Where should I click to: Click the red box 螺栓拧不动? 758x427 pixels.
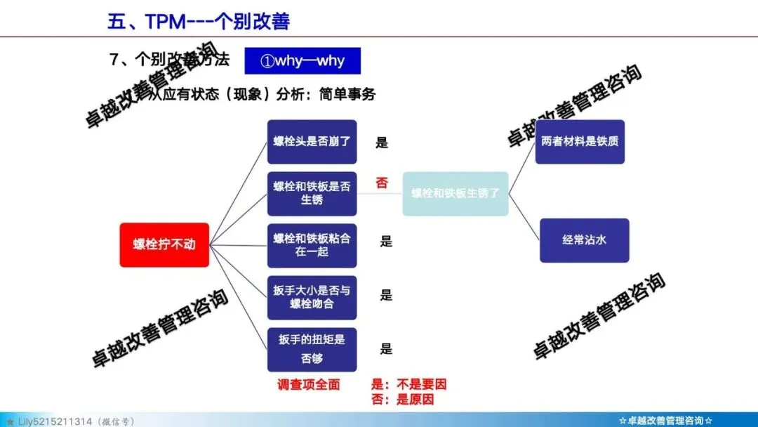[164, 244]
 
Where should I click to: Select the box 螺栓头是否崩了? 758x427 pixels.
[312, 142]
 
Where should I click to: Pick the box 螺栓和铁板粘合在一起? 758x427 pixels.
[312, 244]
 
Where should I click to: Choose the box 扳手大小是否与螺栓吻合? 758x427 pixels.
[312, 297]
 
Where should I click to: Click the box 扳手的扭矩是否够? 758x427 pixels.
[312, 349]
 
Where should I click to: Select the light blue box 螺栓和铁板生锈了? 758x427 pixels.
[455, 193]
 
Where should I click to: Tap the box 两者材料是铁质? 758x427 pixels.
[580, 142]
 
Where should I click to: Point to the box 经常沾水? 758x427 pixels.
[584, 240]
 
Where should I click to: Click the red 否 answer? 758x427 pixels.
[382, 183]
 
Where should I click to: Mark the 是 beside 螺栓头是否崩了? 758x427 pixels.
[382, 143]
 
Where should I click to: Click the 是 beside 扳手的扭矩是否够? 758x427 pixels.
[386, 349]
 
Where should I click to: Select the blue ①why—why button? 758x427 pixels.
[302, 60]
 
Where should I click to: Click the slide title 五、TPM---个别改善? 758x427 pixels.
[199, 21]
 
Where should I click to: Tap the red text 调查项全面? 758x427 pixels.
[309, 385]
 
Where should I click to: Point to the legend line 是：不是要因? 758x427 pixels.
[408, 385]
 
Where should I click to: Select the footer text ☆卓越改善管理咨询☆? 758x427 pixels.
[666, 421]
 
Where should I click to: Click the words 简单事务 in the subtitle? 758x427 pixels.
[347, 94]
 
